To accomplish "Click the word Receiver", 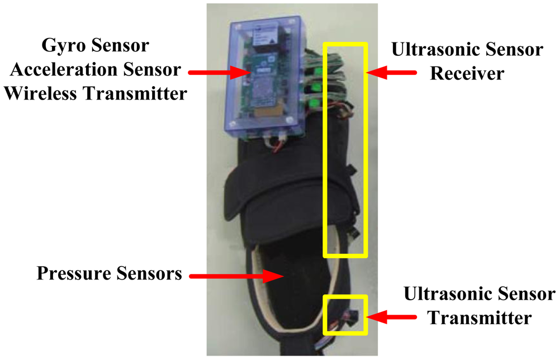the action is pyautogui.click(x=467, y=73).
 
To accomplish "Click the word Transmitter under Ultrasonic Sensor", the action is pyautogui.click(x=479, y=318).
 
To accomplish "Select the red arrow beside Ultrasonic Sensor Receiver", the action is pyautogui.click(x=394, y=71).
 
